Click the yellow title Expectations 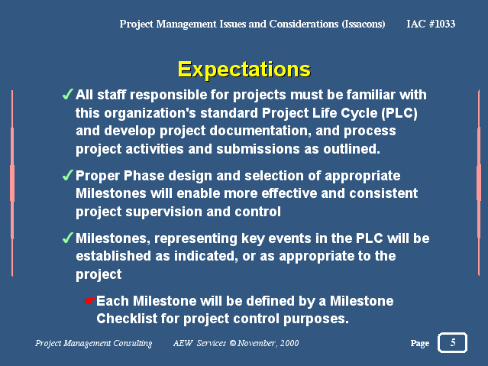[x=244, y=70]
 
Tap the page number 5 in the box [x=453, y=342]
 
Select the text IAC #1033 [x=431, y=24]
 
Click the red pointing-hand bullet [x=89, y=301]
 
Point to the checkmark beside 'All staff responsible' [x=67, y=94]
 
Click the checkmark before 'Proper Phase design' [x=67, y=175]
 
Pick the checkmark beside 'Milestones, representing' [x=67, y=238]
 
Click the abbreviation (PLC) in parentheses [x=399, y=113]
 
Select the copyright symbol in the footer [x=233, y=343]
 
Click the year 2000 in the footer [x=289, y=343]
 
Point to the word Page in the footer [x=420, y=343]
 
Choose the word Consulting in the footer [x=133, y=343]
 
